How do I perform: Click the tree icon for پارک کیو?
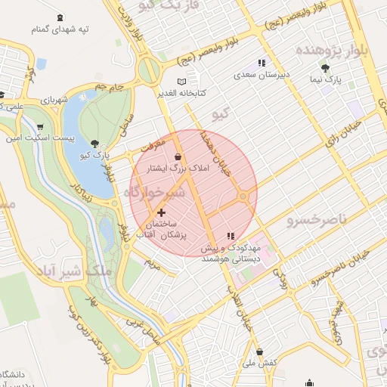click(x=94, y=143)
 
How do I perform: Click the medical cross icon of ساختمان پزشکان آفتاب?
click(x=160, y=214)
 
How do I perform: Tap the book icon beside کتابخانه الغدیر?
click(x=181, y=82)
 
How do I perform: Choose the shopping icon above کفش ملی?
click(x=260, y=352)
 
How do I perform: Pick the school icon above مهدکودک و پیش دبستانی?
click(x=231, y=237)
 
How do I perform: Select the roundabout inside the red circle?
click(x=243, y=197)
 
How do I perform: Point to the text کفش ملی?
click(x=261, y=364)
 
